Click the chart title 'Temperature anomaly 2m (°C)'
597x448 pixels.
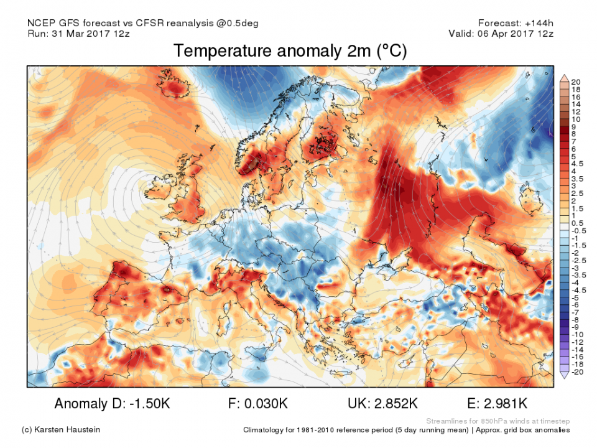pos(290,51)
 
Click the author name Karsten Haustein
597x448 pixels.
pos(68,430)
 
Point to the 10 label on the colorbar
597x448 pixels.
pos(576,119)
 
